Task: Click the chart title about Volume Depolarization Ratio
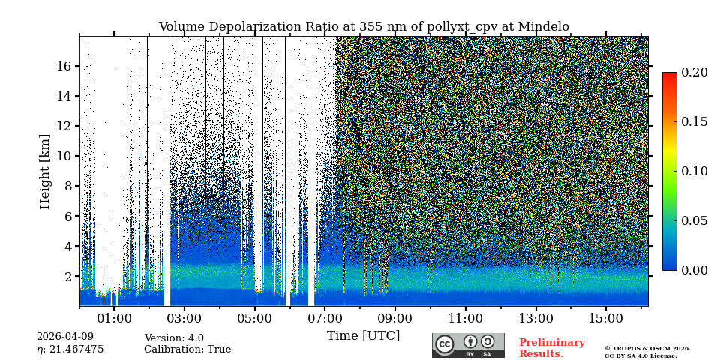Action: (x=364, y=27)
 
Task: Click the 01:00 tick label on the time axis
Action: (x=114, y=319)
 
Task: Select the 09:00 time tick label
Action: (x=394, y=319)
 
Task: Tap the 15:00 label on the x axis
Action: (x=605, y=319)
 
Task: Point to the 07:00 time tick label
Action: (x=325, y=319)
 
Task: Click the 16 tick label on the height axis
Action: (x=63, y=66)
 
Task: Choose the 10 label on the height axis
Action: (x=63, y=156)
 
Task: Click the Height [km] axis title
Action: (x=45, y=171)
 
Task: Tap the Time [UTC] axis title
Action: (x=363, y=335)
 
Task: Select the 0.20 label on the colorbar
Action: (x=694, y=73)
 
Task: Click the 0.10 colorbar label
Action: (x=694, y=171)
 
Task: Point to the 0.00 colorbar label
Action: (x=694, y=270)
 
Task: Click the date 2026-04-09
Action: (x=65, y=337)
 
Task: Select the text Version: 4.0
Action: (x=174, y=338)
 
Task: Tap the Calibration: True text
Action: (x=187, y=349)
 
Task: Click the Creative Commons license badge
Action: (x=468, y=345)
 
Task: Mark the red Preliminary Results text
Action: (x=551, y=348)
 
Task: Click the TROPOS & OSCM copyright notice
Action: (x=647, y=352)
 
